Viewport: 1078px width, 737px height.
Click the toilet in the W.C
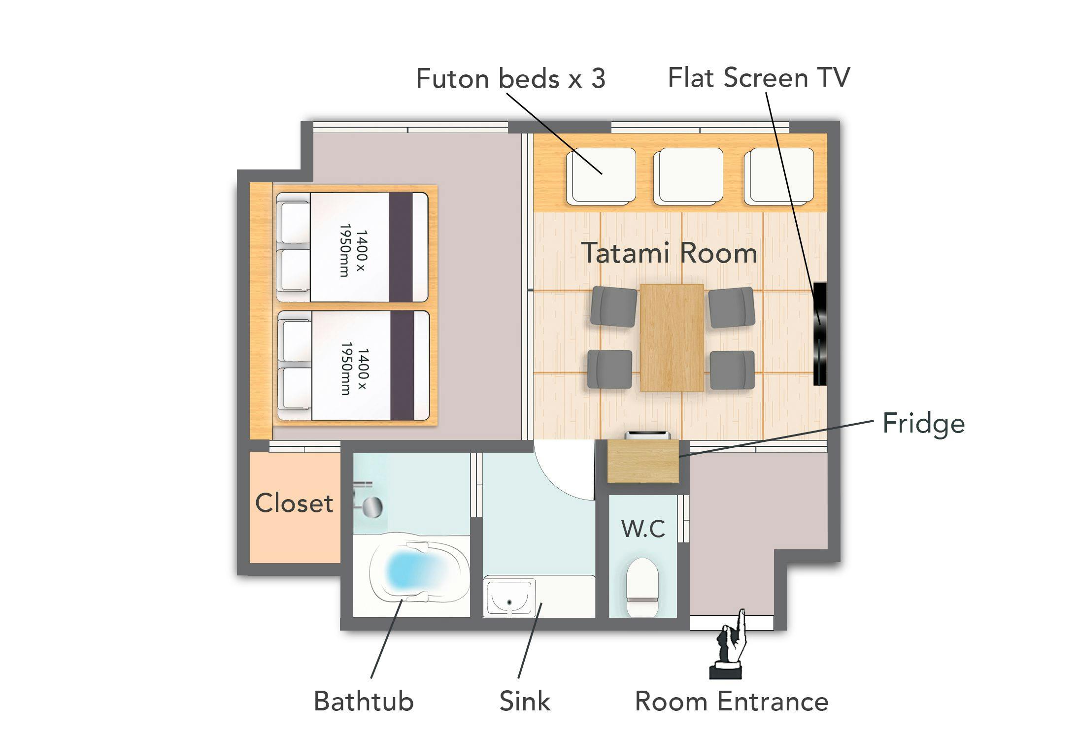point(642,587)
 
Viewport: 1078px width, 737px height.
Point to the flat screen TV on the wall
point(819,334)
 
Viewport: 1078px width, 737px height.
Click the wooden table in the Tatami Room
point(672,337)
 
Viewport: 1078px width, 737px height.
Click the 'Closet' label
point(294,503)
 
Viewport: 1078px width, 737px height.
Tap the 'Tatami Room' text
point(669,253)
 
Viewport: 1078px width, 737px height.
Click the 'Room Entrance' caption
point(732,701)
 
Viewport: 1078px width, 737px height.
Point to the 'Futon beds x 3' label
point(510,78)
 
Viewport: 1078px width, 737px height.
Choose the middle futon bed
point(688,176)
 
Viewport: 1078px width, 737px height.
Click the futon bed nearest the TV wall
point(779,176)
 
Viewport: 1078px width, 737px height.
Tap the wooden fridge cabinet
point(643,461)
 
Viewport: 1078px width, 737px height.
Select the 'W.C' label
point(643,529)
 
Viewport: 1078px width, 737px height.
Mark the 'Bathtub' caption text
point(364,701)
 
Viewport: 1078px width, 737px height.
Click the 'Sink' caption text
point(525,701)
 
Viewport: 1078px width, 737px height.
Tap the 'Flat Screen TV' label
point(759,78)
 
